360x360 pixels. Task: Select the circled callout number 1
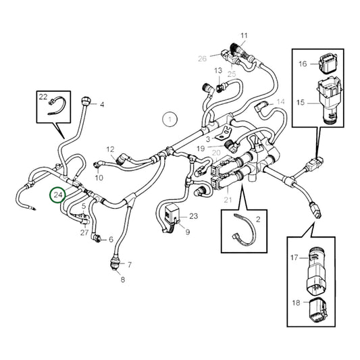pos(170,120)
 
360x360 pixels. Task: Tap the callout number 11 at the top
pos(244,35)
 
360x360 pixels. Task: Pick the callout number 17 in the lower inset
pos(294,257)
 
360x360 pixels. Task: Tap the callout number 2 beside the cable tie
pos(257,220)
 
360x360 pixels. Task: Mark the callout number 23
pos(194,216)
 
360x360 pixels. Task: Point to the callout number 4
pos(102,105)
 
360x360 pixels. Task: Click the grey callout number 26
pos(203,58)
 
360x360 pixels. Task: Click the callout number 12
pos(111,149)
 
